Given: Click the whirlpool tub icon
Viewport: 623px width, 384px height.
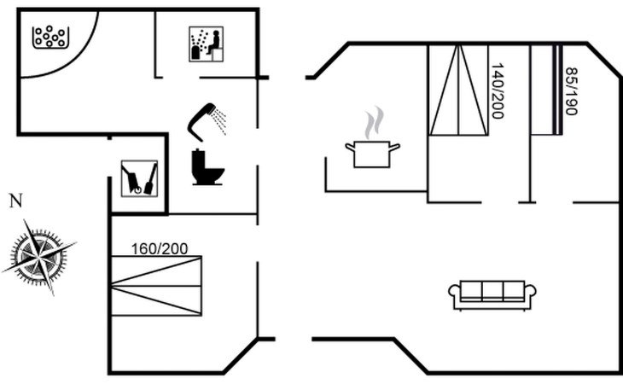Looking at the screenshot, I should tap(50, 37).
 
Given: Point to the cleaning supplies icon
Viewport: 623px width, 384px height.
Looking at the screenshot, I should tap(138, 178).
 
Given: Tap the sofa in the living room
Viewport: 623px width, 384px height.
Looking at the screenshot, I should tap(492, 294).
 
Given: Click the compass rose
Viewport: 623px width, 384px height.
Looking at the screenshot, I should tap(39, 254).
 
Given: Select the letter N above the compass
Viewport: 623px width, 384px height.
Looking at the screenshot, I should tap(15, 201).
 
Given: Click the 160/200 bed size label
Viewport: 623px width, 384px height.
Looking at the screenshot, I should tap(160, 249).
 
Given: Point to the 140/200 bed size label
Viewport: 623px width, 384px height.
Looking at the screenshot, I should tap(498, 90).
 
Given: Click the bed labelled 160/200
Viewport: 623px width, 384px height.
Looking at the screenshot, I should tap(156, 287).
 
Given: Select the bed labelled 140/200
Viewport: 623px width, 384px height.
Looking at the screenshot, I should tap(457, 90).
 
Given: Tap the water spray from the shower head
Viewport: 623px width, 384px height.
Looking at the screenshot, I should tap(220, 121).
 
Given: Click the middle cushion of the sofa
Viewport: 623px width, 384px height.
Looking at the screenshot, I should tap(492, 291).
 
